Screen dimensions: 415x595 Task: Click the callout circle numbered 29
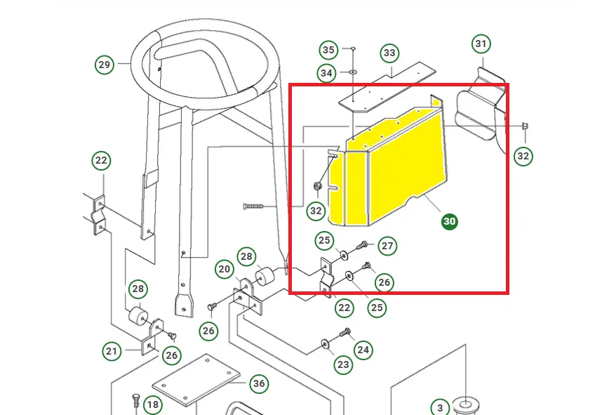point(105,65)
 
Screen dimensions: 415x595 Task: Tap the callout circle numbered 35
point(328,50)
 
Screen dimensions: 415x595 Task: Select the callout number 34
point(326,72)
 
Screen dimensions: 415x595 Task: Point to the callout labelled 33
point(389,53)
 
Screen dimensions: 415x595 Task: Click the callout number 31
point(481,44)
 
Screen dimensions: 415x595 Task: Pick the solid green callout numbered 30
point(449,221)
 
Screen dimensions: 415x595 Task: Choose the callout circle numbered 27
point(387,246)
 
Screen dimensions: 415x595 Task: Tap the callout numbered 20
point(224,269)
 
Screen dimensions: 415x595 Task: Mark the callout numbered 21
point(112,351)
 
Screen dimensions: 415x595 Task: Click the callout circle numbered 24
point(363,348)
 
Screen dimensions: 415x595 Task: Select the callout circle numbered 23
point(343,364)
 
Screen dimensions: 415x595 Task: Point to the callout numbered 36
point(259,383)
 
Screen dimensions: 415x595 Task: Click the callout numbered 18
point(153,404)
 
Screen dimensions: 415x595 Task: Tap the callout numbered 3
point(439,408)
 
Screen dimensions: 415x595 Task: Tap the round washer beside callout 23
point(324,343)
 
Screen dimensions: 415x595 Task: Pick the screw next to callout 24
point(345,333)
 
